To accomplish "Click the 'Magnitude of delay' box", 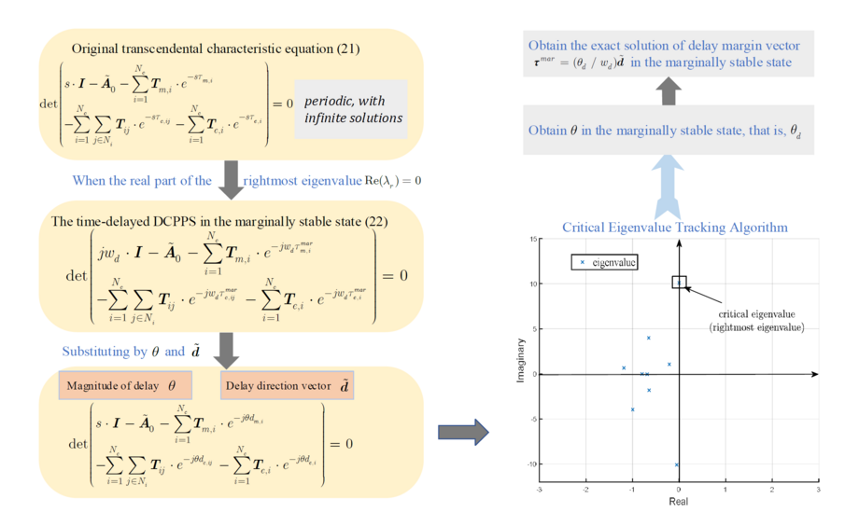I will [x=125, y=384].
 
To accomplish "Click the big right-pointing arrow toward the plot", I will [x=463, y=431].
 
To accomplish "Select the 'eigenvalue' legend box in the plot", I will [x=604, y=263].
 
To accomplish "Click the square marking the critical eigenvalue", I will [x=679, y=282].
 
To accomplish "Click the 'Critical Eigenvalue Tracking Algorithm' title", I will [x=674, y=227].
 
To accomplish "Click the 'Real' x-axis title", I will [x=678, y=502].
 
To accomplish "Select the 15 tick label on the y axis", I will [x=531, y=240].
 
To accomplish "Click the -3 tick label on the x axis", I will [x=540, y=490].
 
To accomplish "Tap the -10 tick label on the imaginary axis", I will [x=529, y=464].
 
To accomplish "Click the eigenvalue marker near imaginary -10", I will [x=676, y=464].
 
